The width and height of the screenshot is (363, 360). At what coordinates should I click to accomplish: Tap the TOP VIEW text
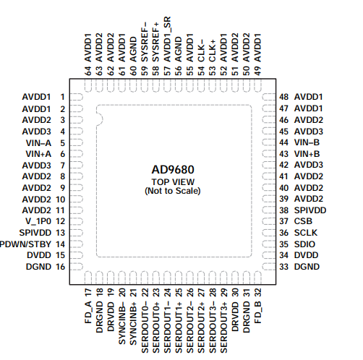tap(173, 181)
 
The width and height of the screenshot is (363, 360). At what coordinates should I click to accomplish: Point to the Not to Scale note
tap(173, 191)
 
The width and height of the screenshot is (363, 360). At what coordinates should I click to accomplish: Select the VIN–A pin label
tap(38, 142)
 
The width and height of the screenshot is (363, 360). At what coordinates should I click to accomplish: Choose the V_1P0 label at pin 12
tap(38, 220)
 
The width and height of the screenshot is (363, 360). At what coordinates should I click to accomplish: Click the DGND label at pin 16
tap(38, 266)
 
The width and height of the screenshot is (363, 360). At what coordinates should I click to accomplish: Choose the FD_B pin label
tap(258, 312)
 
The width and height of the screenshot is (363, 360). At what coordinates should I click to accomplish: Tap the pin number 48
tap(284, 97)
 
